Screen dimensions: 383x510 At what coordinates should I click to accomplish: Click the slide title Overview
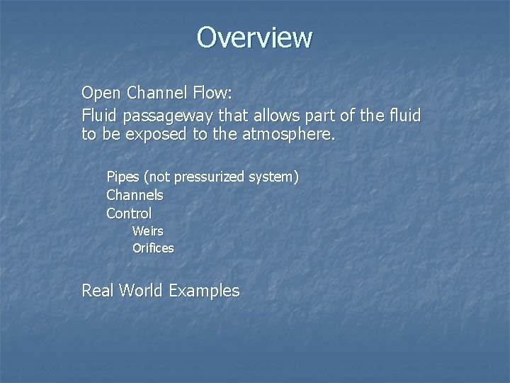(x=254, y=37)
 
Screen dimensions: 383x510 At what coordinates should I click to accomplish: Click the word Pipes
(x=122, y=177)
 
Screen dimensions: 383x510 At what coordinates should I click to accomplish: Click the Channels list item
(x=135, y=194)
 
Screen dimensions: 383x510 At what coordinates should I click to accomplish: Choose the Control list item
(x=129, y=213)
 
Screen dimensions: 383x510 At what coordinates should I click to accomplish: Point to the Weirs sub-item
(x=147, y=231)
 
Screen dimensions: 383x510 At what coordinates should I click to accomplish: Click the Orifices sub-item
(x=153, y=248)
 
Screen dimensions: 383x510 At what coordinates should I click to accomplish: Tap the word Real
(x=97, y=290)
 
